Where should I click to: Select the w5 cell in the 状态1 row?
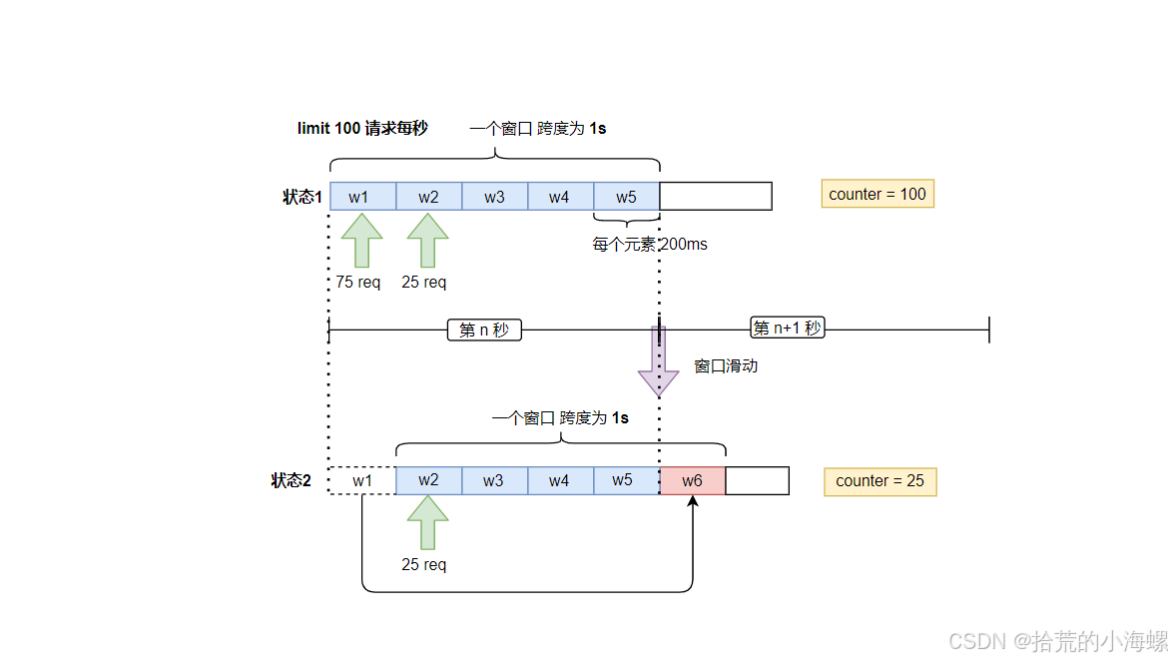click(626, 197)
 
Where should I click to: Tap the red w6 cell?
click(692, 480)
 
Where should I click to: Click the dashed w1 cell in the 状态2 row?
click(362, 480)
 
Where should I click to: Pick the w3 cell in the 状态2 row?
click(494, 480)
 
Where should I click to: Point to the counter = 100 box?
click(878, 194)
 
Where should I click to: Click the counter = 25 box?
click(879, 481)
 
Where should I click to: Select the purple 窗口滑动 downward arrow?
click(658, 361)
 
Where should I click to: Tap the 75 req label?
click(358, 283)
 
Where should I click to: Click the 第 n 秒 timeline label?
click(484, 330)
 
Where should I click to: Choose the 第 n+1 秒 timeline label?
click(787, 328)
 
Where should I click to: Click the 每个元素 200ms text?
click(650, 245)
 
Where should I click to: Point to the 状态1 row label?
click(302, 197)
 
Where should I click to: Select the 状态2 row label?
click(291, 480)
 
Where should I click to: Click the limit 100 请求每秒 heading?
click(362, 128)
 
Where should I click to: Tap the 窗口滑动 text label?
click(726, 366)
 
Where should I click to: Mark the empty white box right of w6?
click(757, 480)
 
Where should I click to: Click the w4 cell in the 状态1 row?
click(560, 197)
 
